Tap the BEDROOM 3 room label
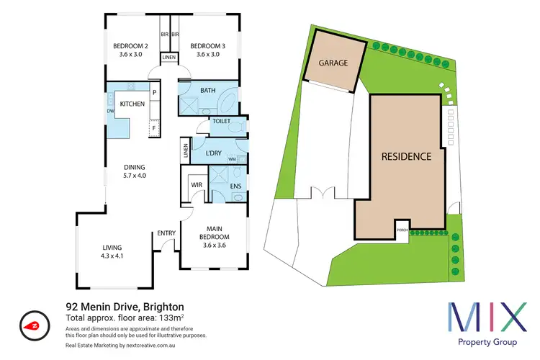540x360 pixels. pyautogui.click(x=208, y=47)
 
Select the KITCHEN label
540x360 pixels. pyautogui.click(x=132, y=104)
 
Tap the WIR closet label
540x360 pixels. pyautogui.click(x=195, y=185)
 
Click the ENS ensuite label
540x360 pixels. pyautogui.click(x=235, y=185)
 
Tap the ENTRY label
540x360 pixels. pyautogui.click(x=167, y=233)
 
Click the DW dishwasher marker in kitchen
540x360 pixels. pyautogui.click(x=111, y=111)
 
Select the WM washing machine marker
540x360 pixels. pyautogui.click(x=233, y=159)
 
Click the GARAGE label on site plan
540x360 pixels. pyautogui.click(x=333, y=63)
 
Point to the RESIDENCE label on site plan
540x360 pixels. pyautogui.click(x=406, y=156)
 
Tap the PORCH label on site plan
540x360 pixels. pyautogui.click(x=401, y=231)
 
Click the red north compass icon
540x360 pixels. pyautogui.click(x=33, y=325)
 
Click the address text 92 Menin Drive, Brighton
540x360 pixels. pyautogui.click(x=124, y=305)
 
